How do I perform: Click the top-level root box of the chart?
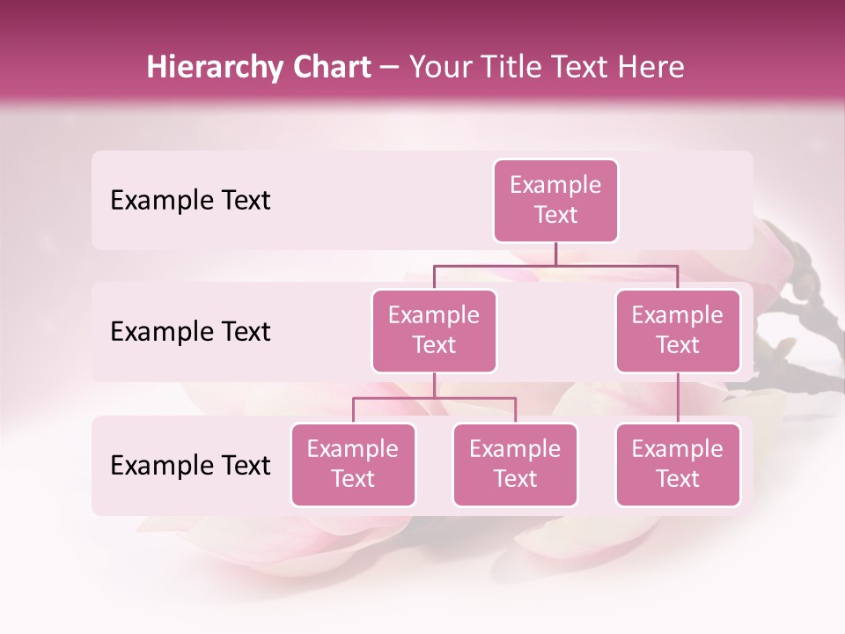coord(555,201)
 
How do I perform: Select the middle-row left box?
coord(434,330)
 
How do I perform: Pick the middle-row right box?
coord(678,330)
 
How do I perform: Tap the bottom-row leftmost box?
coord(353,464)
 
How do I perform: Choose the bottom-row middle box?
coord(515,464)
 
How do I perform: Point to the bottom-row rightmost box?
coord(678,464)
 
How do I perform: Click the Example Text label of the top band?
coord(190,201)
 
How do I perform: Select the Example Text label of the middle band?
coord(190,332)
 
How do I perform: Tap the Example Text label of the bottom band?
coord(190,465)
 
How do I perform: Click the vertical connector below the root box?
coord(555,254)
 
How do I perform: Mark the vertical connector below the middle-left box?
coord(434,385)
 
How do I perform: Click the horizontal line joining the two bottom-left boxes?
coord(434,398)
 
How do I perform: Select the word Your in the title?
coord(438,68)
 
